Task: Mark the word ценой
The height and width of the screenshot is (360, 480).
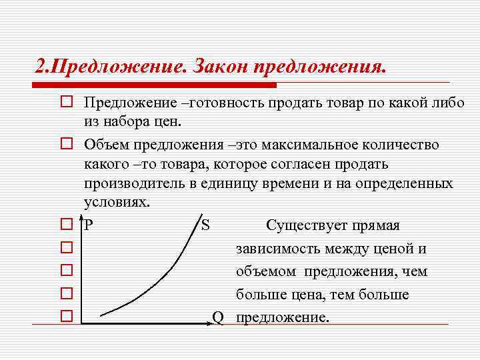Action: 395,249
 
